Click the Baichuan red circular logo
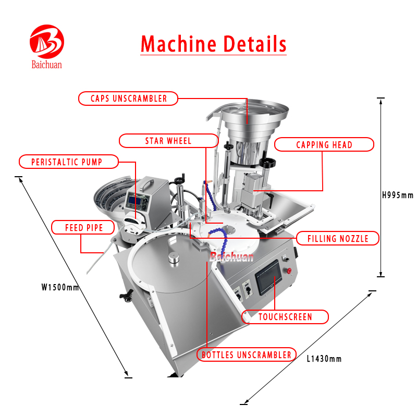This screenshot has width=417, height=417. pyautogui.click(x=47, y=42)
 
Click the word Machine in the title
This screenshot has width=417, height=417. pyautogui.click(x=178, y=44)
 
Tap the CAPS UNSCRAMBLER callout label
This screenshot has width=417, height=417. pyautogui.click(x=128, y=99)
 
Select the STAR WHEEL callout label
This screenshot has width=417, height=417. pyautogui.click(x=168, y=141)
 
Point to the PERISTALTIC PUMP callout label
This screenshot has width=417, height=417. pyautogui.click(x=69, y=162)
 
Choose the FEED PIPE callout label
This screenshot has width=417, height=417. pyautogui.click(x=83, y=228)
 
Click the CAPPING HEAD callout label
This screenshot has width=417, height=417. pyautogui.click(x=324, y=145)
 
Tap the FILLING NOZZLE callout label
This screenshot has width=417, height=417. pyautogui.click(x=338, y=238)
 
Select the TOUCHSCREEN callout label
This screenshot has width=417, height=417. pyautogui.click(x=285, y=317)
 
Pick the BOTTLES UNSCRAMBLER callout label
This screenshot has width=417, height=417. pyautogui.click(x=247, y=354)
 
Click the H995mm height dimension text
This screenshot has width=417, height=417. pyautogui.click(x=398, y=195)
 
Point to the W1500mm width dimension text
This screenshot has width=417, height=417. pyautogui.click(x=60, y=287)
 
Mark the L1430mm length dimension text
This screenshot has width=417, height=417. pyautogui.click(x=324, y=359)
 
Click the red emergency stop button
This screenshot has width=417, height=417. pyautogui.click(x=289, y=271)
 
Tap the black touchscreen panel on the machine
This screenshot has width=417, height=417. pyautogui.click(x=268, y=277)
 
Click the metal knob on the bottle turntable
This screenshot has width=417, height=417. pyautogui.click(x=174, y=259)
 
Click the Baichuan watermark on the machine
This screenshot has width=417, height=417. pyautogui.click(x=231, y=257)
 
